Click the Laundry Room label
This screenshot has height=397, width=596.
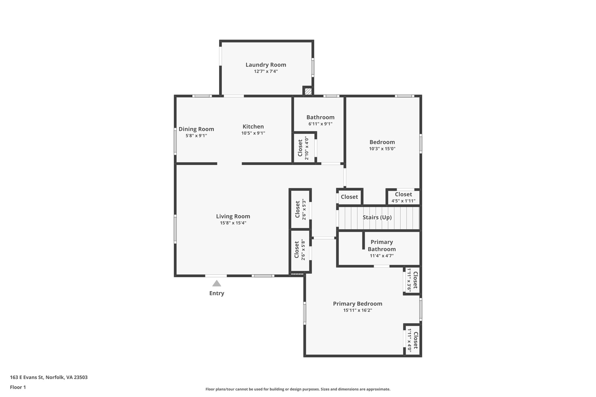click(266, 65)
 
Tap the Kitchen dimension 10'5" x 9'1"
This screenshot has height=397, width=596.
click(253, 133)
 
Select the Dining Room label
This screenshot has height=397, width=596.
click(196, 129)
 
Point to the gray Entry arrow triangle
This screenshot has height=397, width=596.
click(217, 284)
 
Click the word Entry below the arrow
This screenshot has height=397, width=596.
click(217, 293)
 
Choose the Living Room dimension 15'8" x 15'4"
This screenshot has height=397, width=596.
click(233, 223)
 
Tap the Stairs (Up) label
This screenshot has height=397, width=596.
click(377, 218)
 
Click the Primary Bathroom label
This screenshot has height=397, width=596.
click(382, 245)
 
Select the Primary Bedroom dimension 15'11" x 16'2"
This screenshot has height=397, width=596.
click(357, 310)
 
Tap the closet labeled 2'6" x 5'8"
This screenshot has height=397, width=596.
click(300, 250)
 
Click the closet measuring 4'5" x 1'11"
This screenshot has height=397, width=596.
click(403, 197)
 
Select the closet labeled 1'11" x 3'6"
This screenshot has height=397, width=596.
click(412, 280)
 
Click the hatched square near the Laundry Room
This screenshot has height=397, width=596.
click(308, 91)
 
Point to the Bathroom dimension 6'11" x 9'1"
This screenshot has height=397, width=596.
click(320, 124)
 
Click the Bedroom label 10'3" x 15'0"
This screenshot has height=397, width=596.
click(382, 145)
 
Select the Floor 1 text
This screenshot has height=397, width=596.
click(18, 387)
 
